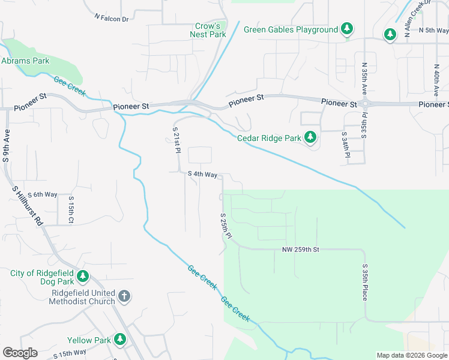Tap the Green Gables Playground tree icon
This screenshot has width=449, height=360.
(x=346, y=29)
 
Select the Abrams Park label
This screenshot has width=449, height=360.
(x=25, y=61)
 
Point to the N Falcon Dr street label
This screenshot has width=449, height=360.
(x=112, y=19)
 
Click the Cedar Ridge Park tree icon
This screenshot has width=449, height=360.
(x=310, y=138)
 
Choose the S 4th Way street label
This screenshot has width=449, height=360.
(x=202, y=175)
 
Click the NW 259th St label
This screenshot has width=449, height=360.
(x=302, y=249)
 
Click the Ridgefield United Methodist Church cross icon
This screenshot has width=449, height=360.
(x=124, y=296)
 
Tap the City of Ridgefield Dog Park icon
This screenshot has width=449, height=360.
(x=83, y=277)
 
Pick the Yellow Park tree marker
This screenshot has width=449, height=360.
(x=120, y=340)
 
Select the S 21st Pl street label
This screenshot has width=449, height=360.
(x=176, y=141)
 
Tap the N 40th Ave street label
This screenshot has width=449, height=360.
(x=436, y=81)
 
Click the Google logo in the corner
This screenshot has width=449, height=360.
(x=20, y=353)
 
